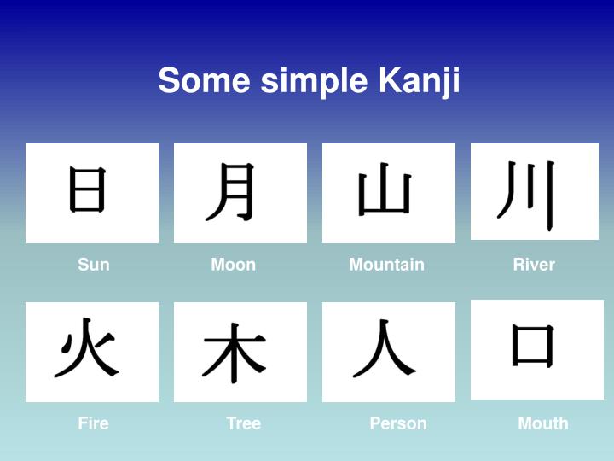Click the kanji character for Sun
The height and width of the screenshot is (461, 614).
tap(88, 190)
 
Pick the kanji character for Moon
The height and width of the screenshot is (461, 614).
tap(233, 191)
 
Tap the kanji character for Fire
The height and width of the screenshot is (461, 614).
tap(86, 349)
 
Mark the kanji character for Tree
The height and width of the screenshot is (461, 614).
tap(235, 352)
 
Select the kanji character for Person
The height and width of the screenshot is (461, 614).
tap(384, 350)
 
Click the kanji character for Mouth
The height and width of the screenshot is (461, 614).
tap(534, 346)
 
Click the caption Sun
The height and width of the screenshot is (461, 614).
tap(94, 265)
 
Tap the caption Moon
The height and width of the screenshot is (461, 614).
tap(234, 265)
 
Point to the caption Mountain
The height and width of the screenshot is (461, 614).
tap(386, 265)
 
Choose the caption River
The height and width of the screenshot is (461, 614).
tap(534, 265)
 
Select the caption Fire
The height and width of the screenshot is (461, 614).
tap(93, 423)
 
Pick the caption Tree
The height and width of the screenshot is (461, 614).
tap(244, 423)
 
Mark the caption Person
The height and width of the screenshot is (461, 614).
tap(398, 423)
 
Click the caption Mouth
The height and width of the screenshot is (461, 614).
tap(543, 423)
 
